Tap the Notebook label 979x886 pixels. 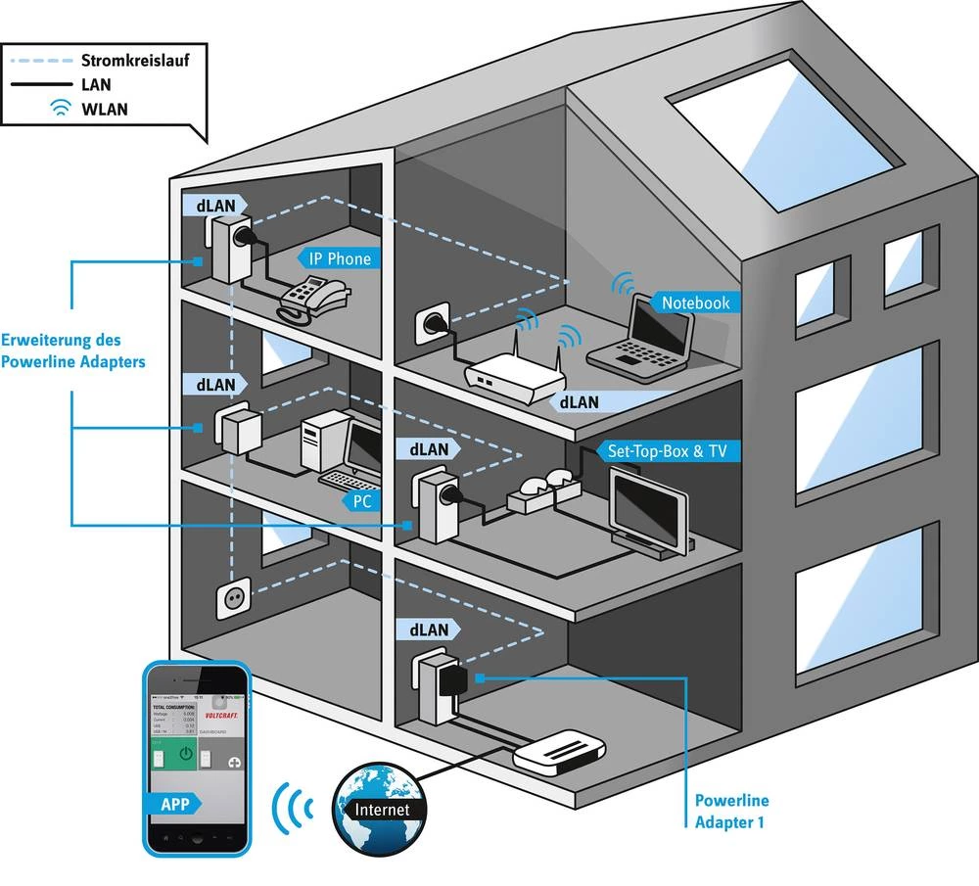[x=695, y=303]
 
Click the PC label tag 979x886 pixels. [x=359, y=501]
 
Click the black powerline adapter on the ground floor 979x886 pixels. [x=453, y=679]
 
